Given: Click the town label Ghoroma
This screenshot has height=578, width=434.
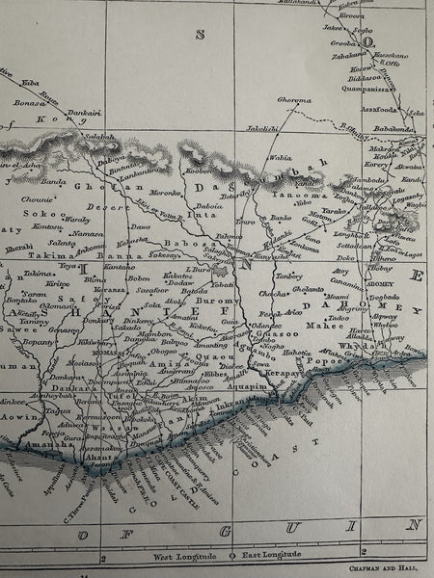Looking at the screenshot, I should point(294,99).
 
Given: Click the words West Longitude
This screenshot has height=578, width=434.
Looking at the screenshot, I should point(187,558).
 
